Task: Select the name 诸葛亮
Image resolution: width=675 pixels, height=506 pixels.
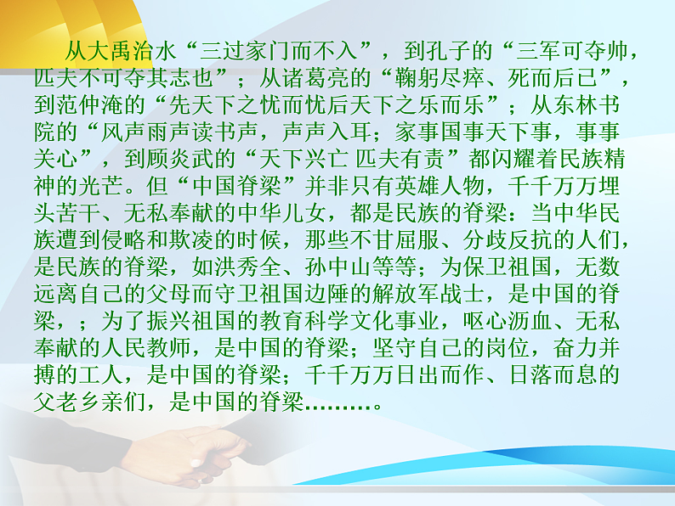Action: pos(316,81)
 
